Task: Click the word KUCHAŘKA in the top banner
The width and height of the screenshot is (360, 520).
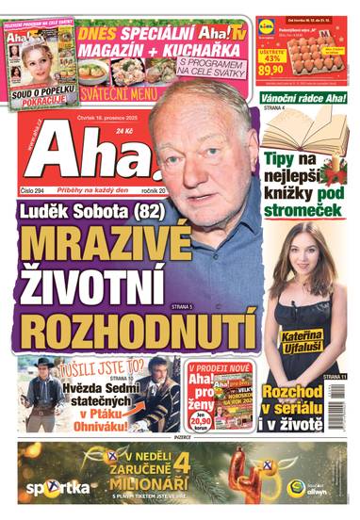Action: tap(207, 44)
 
